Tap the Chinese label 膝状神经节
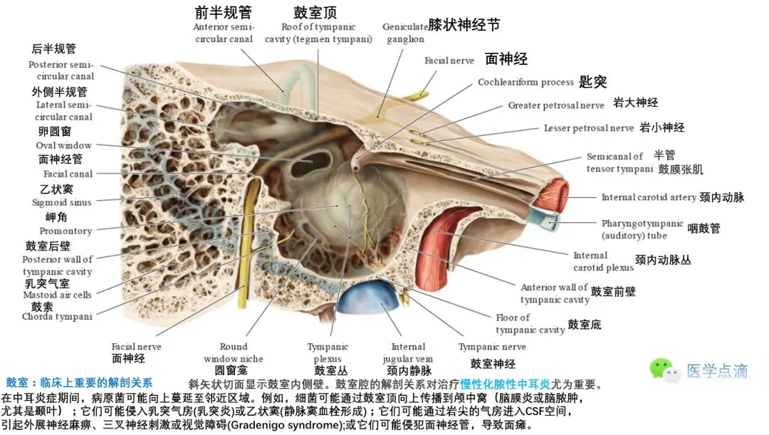464,25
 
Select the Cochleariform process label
525,82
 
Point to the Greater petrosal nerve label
556,105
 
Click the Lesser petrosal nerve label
588,128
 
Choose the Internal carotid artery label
649,197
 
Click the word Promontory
66,231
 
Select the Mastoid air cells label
57,295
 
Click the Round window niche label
234,352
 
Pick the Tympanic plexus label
328,352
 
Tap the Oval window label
64,145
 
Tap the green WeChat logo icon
661,367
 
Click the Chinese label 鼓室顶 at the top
315,13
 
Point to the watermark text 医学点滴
716,371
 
